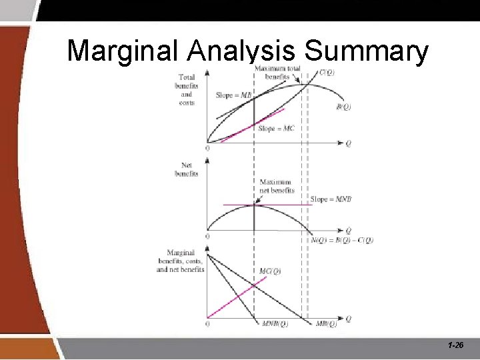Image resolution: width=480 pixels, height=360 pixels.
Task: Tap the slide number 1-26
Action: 456,346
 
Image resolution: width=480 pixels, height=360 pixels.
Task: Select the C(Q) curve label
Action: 327,73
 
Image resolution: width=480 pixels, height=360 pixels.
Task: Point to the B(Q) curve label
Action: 343,107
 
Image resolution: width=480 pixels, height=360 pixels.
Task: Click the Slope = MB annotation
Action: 233,95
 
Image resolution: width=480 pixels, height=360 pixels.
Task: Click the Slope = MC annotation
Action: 276,128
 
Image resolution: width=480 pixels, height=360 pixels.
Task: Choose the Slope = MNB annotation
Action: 331,199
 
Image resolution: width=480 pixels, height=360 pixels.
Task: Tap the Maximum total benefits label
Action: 277,72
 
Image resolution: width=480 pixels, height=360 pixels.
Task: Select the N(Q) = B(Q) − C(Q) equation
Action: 342,240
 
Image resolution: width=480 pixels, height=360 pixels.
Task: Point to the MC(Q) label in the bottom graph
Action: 270,271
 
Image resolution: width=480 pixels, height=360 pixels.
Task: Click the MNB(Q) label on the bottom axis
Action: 275,325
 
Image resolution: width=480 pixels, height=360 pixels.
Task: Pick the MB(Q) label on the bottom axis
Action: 325,325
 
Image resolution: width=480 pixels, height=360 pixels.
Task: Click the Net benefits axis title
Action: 187,169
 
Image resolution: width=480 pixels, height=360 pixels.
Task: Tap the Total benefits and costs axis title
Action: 187,90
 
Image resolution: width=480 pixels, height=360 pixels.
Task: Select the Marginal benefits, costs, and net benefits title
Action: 181,261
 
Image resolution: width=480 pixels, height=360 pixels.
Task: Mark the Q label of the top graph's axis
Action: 348,143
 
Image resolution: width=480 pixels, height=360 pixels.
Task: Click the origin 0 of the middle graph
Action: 207,237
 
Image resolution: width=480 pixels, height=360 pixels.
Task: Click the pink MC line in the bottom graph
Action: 237,297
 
